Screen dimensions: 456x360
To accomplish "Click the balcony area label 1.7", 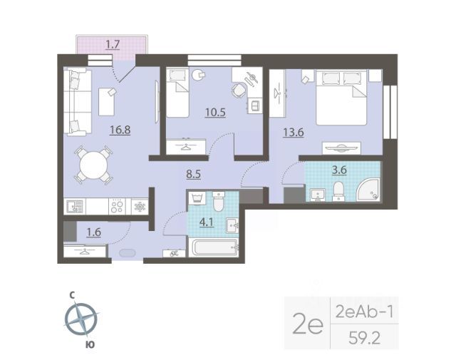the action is point(113,45).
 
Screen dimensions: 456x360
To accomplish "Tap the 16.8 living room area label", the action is point(120,130).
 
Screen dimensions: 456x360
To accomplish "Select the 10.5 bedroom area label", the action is point(215,112).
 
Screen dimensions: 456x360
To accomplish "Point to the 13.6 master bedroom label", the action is point(294,133).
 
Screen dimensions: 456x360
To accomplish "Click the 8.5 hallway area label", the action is point(193,175).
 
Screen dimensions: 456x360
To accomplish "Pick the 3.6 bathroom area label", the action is point(339,170).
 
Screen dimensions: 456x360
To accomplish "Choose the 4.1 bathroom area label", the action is point(207,222).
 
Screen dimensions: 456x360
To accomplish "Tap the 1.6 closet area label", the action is point(93,232).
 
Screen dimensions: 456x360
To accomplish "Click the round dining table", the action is point(93,165).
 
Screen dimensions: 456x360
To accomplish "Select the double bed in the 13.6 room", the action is point(341,97).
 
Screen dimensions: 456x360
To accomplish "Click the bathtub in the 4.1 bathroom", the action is point(214,248).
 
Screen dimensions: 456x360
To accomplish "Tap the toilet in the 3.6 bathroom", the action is point(338,192).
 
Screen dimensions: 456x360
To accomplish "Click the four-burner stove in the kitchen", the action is point(117,206).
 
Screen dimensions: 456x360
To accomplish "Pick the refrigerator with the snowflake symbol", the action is point(140,207).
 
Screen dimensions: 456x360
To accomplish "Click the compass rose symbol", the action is point(81,319).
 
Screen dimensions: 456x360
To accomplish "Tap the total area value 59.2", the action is point(364,339).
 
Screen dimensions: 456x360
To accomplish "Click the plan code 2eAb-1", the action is point(364,312).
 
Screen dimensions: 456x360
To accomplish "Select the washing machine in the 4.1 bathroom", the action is point(197,198).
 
